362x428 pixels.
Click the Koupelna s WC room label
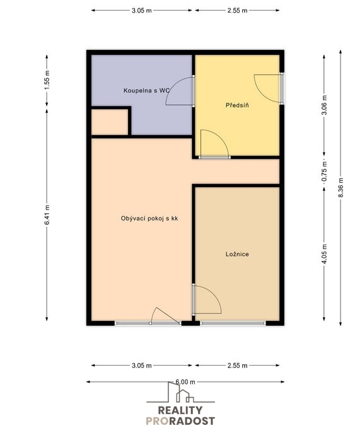(146, 90)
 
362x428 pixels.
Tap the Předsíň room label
(237, 105)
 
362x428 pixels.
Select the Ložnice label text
(237, 254)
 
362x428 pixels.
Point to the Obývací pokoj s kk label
(149, 218)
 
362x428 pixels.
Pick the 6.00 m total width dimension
(185, 382)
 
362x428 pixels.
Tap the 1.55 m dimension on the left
(47, 80)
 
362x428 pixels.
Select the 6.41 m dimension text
(47, 215)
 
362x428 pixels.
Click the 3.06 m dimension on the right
(324, 105)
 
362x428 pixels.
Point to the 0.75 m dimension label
(324, 171)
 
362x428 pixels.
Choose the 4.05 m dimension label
(324, 254)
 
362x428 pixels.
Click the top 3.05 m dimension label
(142, 11)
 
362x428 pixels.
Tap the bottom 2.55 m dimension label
(238, 366)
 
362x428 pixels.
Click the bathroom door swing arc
(173, 86)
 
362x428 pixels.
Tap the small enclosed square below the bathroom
(110, 122)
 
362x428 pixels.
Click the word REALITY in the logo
(180, 410)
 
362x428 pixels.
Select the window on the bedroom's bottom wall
(233, 323)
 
